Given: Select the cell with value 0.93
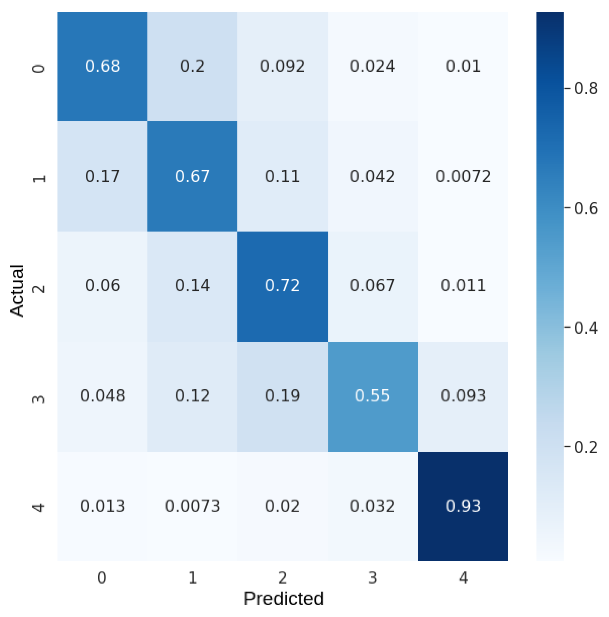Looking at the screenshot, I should [x=463, y=506].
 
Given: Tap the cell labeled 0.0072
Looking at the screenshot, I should [x=463, y=176].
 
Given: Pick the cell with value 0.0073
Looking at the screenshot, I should [x=193, y=506].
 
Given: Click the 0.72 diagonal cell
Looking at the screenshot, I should [x=283, y=285].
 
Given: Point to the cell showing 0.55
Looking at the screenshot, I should [x=373, y=396].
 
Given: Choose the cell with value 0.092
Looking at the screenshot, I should [x=283, y=66].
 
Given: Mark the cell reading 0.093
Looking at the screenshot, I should [x=463, y=396].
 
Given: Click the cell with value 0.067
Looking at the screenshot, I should [x=373, y=285].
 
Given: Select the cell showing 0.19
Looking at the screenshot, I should [x=283, y=396].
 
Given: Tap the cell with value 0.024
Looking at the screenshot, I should [x=373, y=66].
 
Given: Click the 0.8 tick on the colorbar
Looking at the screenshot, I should [x=586, y=89].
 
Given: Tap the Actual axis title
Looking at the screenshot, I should [x=17, y=290].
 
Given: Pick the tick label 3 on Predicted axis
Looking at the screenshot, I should [x=373, y=577].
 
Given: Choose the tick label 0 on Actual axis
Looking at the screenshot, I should [x=39, y=68].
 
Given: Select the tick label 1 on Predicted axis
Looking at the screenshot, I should [x=193, y=577].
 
